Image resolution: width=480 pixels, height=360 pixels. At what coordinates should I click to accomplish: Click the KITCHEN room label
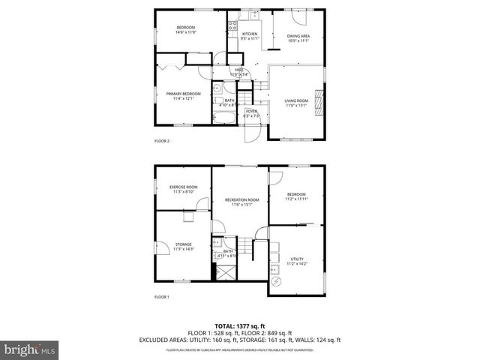pyautogui.click(x=250, y=34)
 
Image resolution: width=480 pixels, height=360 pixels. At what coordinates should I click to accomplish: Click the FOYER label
pyautogui.click(x=251, y=111)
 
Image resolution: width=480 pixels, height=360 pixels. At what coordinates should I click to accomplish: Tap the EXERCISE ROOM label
pyautogui.click(x=184, y=187)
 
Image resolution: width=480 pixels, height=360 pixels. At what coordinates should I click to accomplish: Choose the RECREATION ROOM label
pyautogui.click(x=241, y=199)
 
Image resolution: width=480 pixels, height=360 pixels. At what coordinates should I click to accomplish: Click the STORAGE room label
pyautogui.click(x=184, y=244)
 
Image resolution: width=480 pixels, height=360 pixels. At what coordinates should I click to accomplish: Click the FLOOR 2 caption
pyautogui.click(x=162, y=140)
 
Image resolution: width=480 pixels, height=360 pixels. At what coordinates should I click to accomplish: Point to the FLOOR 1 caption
pyautogui.click(x=162, y=298)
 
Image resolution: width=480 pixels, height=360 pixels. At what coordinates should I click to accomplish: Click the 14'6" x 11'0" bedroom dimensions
pyautogui.click(x=186, y=31)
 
